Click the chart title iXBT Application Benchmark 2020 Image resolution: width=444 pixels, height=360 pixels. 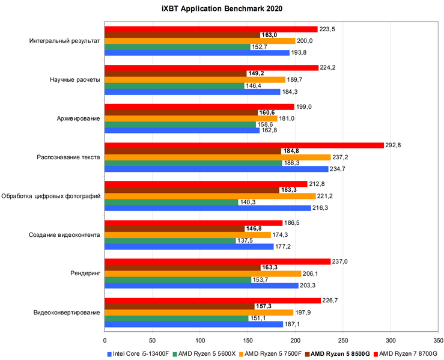(222, 8)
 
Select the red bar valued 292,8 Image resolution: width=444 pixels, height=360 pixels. (244, 145)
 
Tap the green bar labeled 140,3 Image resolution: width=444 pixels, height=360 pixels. (171, 202)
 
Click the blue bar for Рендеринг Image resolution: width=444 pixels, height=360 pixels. (201, 285)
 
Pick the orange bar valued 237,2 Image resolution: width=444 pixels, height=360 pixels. (217, 157)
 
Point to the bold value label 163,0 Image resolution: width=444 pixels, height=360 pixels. (268, 35)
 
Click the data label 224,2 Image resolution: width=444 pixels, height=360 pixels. (327, 67)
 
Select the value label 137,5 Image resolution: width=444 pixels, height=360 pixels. (245, 240)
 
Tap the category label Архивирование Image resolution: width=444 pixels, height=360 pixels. (75, 118)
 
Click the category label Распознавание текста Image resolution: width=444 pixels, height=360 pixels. (67, 157)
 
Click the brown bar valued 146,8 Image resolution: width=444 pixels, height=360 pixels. (174, 228)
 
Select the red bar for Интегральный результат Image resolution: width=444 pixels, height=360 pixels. (211, 29)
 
